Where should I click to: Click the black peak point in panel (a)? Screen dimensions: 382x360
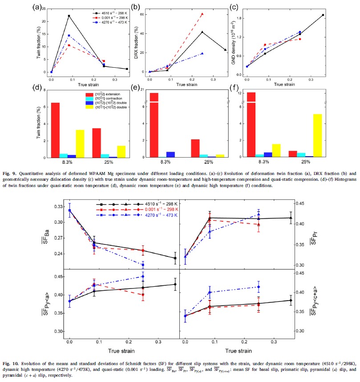[x=69, y=16]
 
